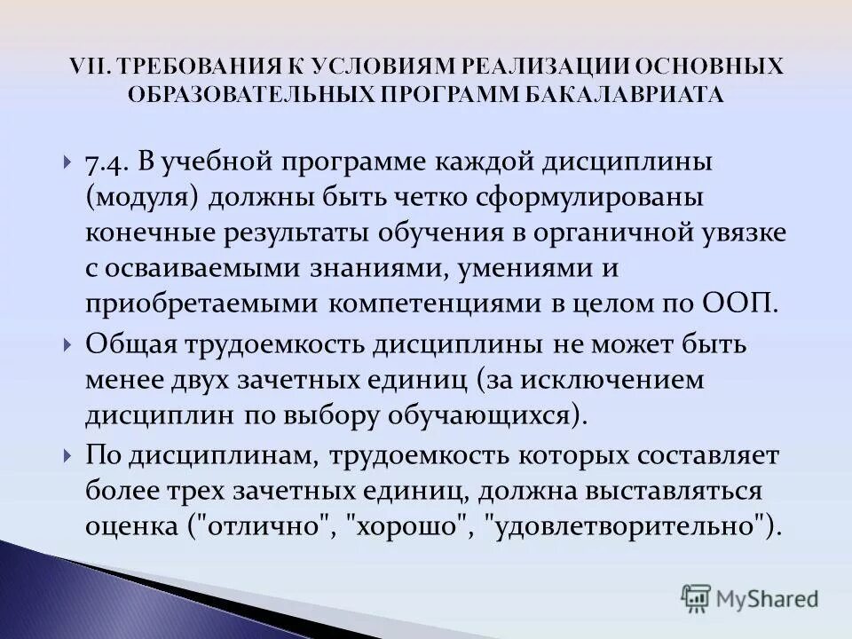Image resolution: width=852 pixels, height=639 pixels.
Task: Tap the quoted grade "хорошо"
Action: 409,525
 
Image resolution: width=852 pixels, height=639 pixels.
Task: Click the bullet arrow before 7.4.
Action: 68,164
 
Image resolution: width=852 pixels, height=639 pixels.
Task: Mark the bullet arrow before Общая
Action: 68,344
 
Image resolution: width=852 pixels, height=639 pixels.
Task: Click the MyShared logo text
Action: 767,599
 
